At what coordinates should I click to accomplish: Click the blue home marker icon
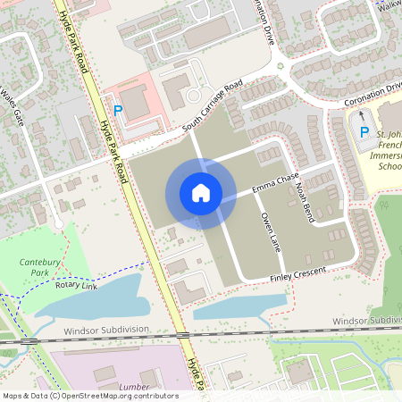pyautogui.click(x=201, y=193)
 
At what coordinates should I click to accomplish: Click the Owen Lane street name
pyautogui.click(x=270, y=230)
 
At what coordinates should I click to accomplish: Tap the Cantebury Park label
pyautogui.click(x=35, y=265)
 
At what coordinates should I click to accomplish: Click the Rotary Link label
pyautogui.click(x=76, y=285)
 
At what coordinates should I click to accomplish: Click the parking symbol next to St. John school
pyautogui.click(x=363, y=132)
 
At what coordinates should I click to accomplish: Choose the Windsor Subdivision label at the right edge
pyautogui.click(x=366, y=320)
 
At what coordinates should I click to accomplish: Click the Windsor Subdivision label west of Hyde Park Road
pyautogui.click(x=106, y=330)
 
